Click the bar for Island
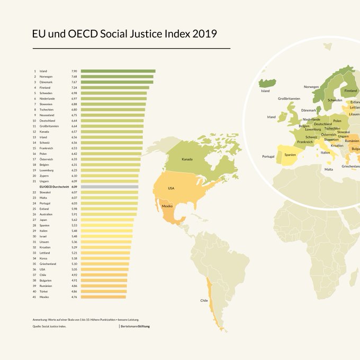pos(118,71)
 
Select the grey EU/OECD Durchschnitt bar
pos(110,187)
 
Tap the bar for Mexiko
pos(103,297)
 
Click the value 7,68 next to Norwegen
pos(75,77)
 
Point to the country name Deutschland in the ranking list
pos(48,121)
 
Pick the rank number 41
pos(34,297)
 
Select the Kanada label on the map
pos(187,159)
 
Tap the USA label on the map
pos(171,188)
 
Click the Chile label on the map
pos(204,300)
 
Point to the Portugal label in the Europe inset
pos(268,157)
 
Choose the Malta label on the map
pos(329,169)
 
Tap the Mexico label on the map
pos(168,206)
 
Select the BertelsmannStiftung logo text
pos(136,327)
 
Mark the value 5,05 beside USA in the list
pos(75,269)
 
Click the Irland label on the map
pos(271,117)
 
